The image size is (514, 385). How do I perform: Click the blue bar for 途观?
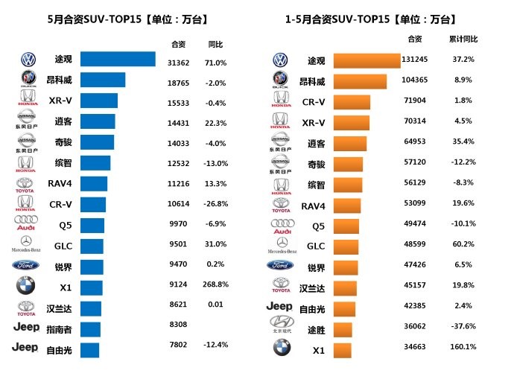point(118,60)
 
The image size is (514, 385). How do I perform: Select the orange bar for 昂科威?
point(360,81)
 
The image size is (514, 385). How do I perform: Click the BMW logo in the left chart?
point(26,286)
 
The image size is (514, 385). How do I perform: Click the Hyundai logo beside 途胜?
point(280,324)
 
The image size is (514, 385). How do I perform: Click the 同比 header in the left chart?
point(216,44)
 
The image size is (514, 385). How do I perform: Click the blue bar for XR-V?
point(99,101)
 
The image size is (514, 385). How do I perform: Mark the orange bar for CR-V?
point(352,101)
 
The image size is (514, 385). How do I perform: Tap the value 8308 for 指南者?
point(178,325)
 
